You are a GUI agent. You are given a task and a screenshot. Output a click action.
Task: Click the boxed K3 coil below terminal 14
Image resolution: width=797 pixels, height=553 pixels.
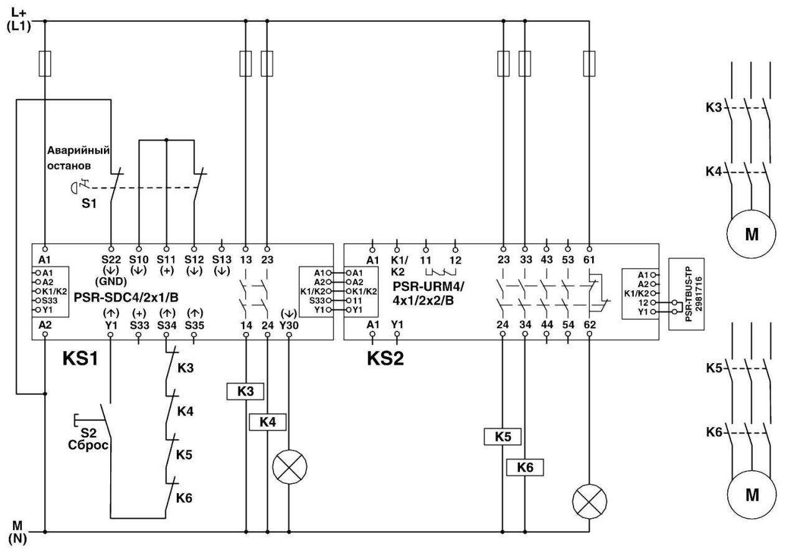pos(245,391)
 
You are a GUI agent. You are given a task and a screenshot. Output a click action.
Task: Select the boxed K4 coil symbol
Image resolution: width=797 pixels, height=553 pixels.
pos(267,422)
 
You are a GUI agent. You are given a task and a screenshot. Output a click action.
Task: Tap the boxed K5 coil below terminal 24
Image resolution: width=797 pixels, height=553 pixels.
pos(502,437)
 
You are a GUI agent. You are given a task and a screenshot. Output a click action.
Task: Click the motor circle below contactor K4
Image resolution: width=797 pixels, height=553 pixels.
pos(752,234)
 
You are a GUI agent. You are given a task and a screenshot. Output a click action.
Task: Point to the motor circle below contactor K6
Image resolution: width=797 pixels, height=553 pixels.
pos(752,494)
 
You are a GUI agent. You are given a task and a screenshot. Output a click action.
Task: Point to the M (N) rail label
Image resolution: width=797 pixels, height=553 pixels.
pos(17,534)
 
